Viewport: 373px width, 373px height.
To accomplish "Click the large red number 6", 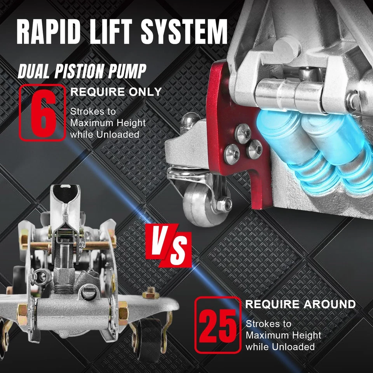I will click(x=42, y=113).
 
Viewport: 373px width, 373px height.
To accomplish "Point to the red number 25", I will click(x=217, y=325).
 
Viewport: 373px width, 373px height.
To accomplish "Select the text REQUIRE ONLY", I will click(x=115, y=92).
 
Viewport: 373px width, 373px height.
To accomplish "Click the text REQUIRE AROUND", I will click(x=300, y=304).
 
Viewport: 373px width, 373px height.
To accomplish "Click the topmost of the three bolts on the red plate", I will click(x=243, y=129).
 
